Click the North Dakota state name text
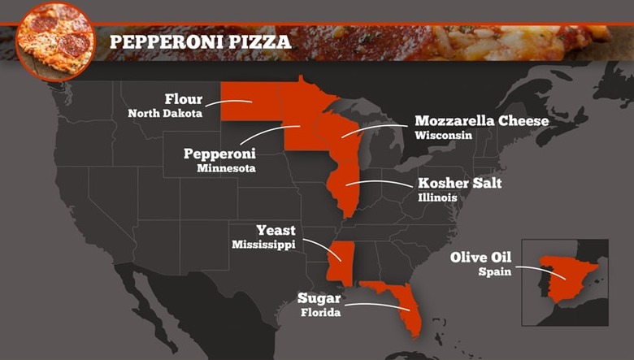pyautogui.click(x=165, y=114)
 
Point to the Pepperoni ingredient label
pyautogui.click(x=219, y=154)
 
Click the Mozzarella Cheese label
pyautogui.click(x=482, y=121)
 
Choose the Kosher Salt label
pyautogui.click(x=460, y=183)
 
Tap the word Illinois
pyautogui.click(x=437, y=197)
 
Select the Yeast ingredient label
pyautogui.click(x=276, y=230)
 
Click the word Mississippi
pyautogui.click(x=264, y=244)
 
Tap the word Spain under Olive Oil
pyautogui.click(x=494, y=271)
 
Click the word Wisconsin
pyautogui.click(x=443, y=135)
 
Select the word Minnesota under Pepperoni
pyautogui.click(x=226, y=168)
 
